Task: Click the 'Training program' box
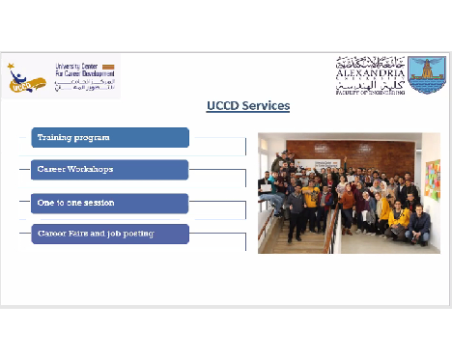pos(109,138)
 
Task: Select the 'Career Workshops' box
pos(109,170)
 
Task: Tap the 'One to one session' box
pos(109,203)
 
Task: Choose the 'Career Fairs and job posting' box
pos(109,234)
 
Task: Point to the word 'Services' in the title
pos(266,105)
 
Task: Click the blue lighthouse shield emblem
pos(426,74)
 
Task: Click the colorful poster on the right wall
pos(432,180)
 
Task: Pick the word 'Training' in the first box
pos(56,138)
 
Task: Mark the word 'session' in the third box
pos(97,203)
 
